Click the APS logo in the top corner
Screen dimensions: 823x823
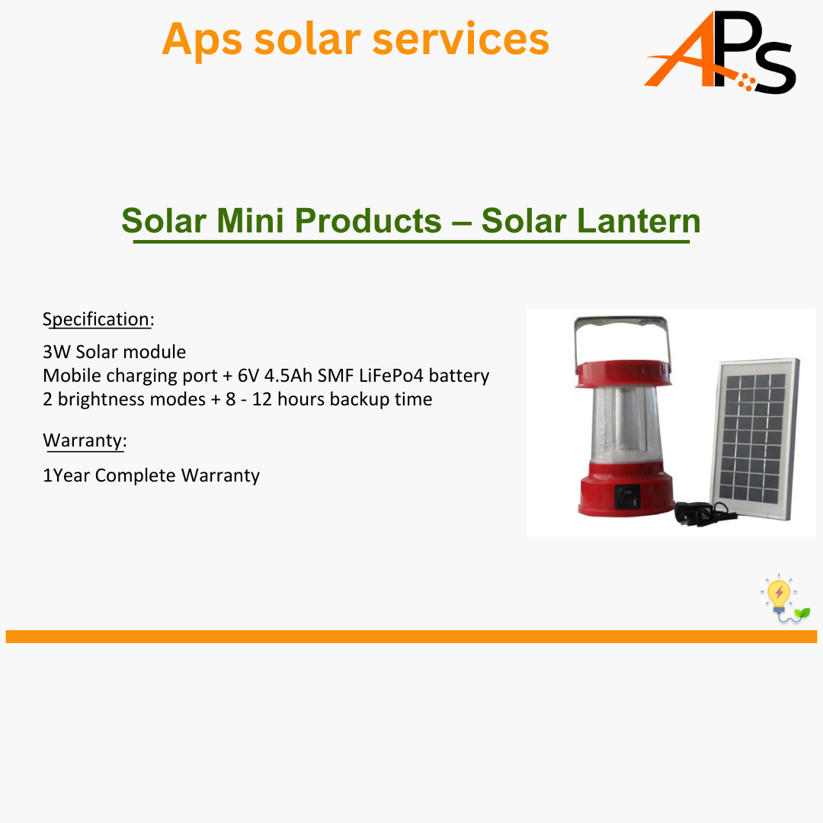(720, 52)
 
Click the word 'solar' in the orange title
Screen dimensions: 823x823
(308, 40)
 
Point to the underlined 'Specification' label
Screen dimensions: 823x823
(97, 319)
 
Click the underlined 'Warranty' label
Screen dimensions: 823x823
(83, 440)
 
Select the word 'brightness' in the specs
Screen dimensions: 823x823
(132, 399)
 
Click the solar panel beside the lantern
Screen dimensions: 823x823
(754, 439)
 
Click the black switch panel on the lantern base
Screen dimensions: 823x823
(627, 497)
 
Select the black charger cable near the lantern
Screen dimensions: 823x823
(703, 514)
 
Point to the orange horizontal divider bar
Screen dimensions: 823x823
(411, 636)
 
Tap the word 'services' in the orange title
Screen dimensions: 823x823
(461, 40)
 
